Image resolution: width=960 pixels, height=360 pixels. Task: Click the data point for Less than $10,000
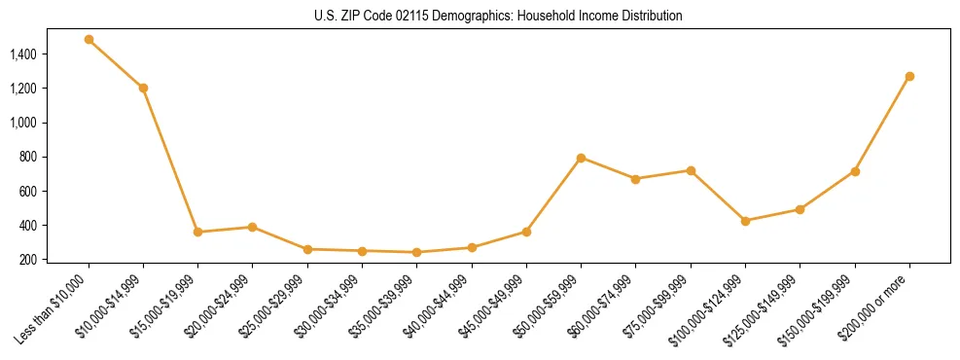point(89,40)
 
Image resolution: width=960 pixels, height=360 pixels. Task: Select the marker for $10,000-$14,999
point(143,88)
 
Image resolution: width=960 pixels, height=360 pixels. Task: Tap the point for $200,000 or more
point(909,76)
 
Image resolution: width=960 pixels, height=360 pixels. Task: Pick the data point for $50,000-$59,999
point(581,158)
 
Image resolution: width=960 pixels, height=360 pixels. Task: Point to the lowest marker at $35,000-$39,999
point(417,252)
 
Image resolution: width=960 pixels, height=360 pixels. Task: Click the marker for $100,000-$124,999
point(745,221)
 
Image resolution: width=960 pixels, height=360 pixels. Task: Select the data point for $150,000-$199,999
point(855,171)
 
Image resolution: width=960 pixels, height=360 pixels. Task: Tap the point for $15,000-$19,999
point(198,232)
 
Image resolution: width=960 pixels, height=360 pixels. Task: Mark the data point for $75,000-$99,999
point(691,170)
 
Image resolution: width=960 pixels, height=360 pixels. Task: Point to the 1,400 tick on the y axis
point(22,54)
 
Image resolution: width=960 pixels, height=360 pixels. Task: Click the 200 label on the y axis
point(27,260)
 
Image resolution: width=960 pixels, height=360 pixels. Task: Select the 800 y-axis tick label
point(27,157)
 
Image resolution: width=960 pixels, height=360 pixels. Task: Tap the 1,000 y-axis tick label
point(22,123)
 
